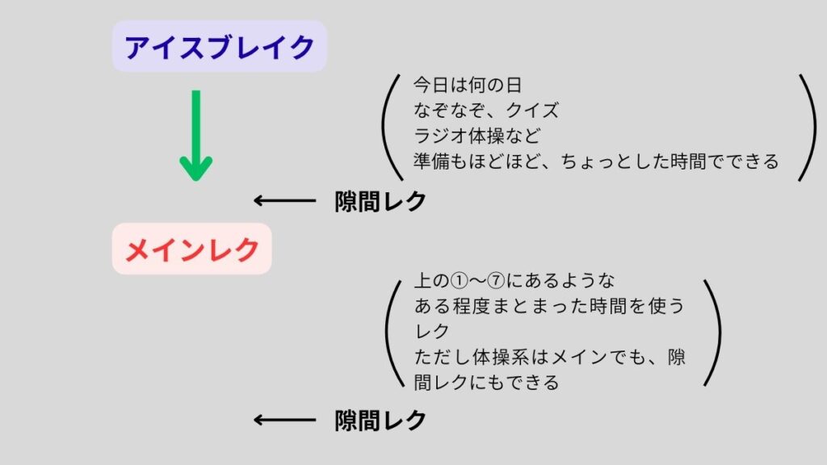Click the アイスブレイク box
pyautogui.click(x=219, y=47)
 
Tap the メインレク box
pyautogui.click(x=192, y=249)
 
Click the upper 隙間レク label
pyautogui.click(x=380, y=201)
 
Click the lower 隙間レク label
pyautogui.click(x=380, y=420)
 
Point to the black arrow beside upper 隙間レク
pyautogui.click(x=284, y=201)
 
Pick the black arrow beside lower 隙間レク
pyautogui.click(x=284, y=420)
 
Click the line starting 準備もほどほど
pyautogui.click(x=595, y=161)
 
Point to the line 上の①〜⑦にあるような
pyautogui.click(x=514, y=281)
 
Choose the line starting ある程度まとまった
pyautogui.click(x=548, y=306)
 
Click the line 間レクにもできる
pyautogui.click(x=486, y=382)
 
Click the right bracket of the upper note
pyautogui.click(x=807, y=128)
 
